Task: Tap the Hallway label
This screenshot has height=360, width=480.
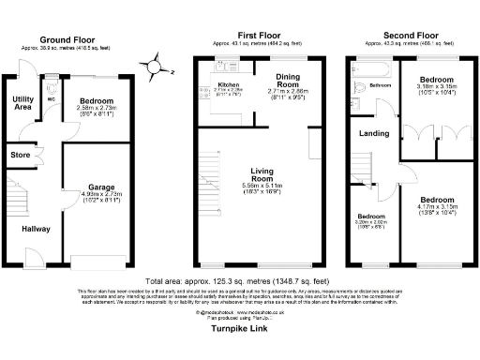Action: [x=37, y=228]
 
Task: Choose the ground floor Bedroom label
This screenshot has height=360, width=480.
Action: [x=96, y=100]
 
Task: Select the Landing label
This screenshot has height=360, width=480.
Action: [x=375, y=134]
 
